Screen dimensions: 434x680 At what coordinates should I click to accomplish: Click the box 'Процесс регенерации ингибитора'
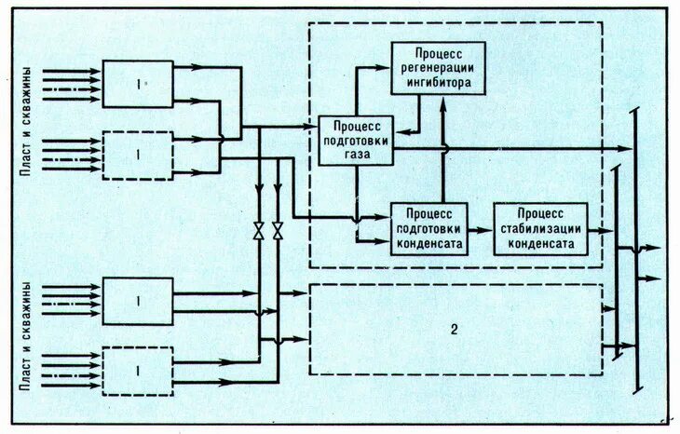click(437, 68)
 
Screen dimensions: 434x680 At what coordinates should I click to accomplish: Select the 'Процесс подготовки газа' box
click(355, 141)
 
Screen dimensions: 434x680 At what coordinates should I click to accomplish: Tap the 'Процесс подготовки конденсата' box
click(428, 228)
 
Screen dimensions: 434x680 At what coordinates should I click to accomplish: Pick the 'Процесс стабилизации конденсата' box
click(539, 228)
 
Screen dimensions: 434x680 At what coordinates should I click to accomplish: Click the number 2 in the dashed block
click(455, 330)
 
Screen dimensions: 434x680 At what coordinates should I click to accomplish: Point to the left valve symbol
click(258, 231)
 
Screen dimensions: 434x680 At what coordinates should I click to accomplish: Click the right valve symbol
click(277, 231)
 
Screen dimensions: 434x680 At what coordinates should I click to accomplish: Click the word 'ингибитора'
click(438, 83)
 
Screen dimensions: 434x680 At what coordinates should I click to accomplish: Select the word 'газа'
click(355, 156)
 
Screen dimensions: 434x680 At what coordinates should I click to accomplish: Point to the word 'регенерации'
click(438, 68)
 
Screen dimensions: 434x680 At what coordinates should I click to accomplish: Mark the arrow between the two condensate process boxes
click(479, 228)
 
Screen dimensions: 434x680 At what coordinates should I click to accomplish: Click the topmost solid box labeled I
click(138, 84)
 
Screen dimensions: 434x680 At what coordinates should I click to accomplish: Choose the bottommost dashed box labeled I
click(138, 370)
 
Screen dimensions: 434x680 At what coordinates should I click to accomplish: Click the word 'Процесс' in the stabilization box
click(540, 214)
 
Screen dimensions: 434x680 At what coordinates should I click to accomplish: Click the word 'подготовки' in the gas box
click(355, 141)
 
